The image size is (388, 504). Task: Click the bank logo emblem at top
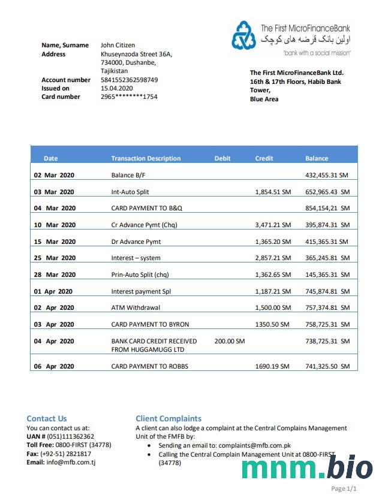pyautogui.click(x=243, y=35)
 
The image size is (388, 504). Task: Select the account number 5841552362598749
pyautogui.click(x=129, y=80)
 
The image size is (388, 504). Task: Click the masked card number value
pyautogui.click(x=129, y=96)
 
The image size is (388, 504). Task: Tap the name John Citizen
pyautogui.click(x=118, y=45)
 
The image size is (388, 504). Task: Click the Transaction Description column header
pyautogui.click(x=146, y=158)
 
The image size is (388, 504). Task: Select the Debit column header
pyautogui.click(x=222, y=158)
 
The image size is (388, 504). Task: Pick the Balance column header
pyautogui.click(x=317, y=158)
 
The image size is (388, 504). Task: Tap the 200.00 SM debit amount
pyautogui.click(x=229, y=341)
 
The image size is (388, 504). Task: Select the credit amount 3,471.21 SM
pyautogui.click(x=273, y=225)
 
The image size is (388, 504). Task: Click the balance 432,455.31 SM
pyautogui.click(x=327, y=176)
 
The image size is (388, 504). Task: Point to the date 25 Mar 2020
pyautogui.click(x=55, y=258)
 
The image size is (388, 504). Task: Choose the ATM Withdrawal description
pyautogui.click(x=136, y=308)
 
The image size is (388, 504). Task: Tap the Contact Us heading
pyautogui.click(x=47, y=418)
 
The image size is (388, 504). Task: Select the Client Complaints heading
pyautogui.click(x=169, y=418)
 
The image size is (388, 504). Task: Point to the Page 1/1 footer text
pyautogui.click(x=344, y=489)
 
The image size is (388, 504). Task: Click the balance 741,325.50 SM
pyautogui.click(x=327, y=366)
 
